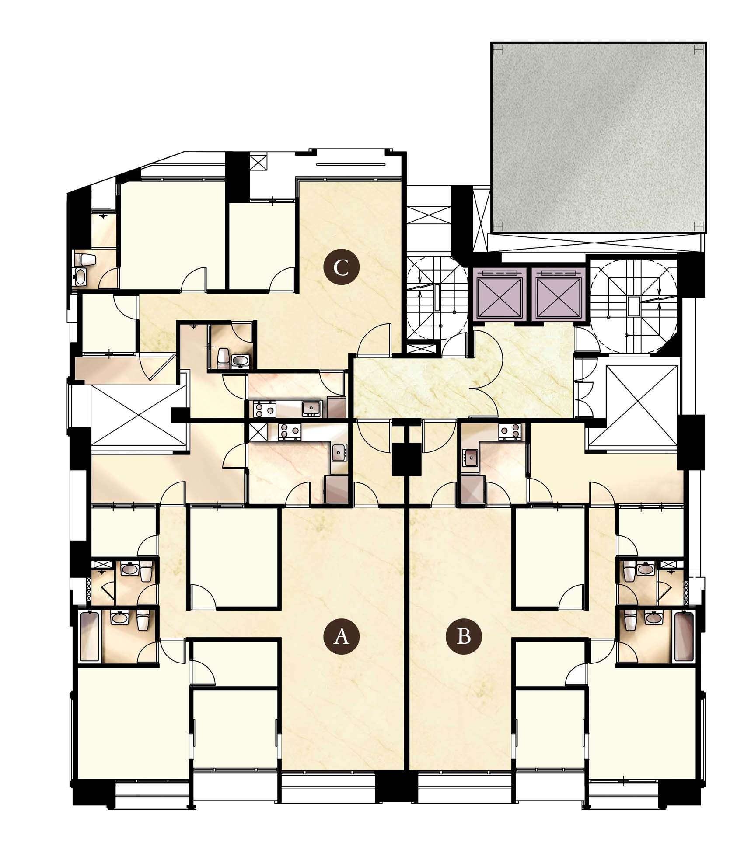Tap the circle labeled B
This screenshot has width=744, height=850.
463,637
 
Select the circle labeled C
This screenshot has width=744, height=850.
341,267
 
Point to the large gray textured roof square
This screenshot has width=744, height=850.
599,137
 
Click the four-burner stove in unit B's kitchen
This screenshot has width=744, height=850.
510,432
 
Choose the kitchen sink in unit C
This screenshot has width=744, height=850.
311,408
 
